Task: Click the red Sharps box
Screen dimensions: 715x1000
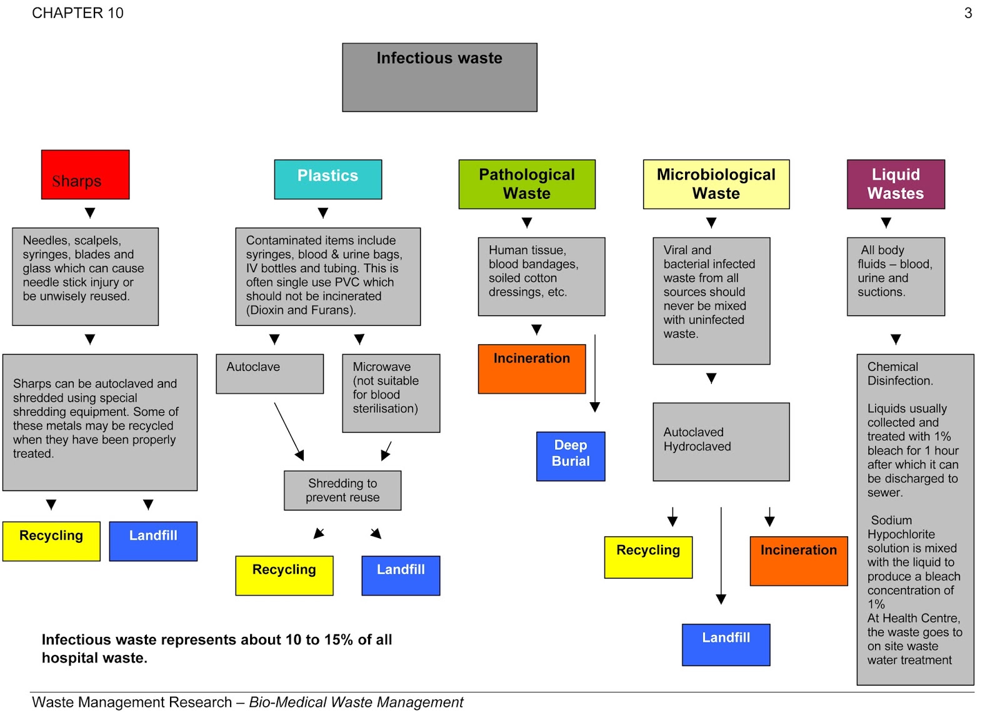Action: [x=85, y=175]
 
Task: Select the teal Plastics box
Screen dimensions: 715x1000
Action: [x=327, y=179]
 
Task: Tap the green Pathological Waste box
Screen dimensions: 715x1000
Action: [x=526, y=184]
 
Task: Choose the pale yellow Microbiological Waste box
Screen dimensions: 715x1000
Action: [x=716, y=184]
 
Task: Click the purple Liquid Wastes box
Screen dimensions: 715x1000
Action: [x=895, y=184]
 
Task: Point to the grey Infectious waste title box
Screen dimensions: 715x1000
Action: [x=439, y=78]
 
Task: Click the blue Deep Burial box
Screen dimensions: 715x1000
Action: [x=570, y=456]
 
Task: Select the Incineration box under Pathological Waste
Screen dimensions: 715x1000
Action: [x=531, y=368]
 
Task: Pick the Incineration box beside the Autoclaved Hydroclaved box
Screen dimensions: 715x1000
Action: [x=798, y=560]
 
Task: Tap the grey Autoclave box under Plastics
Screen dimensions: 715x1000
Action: [x=269, y=373]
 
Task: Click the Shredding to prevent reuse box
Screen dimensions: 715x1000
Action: [x=342, y=490]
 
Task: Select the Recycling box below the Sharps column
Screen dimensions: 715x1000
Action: [x=51, y=541]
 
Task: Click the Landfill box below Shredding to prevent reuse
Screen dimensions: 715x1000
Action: [x=400, y=576]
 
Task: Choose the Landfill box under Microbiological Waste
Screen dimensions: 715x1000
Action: [x=726, y=644]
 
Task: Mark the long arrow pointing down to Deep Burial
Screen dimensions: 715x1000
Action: [x=595, y=373]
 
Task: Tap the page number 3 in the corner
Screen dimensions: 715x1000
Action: [x=967, y=13]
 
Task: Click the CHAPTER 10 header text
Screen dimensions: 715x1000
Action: [x=77, y=13]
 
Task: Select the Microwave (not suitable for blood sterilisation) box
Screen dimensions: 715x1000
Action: [x=391, y=393]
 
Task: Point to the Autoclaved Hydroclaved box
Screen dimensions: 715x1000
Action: [x=721, y=442]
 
